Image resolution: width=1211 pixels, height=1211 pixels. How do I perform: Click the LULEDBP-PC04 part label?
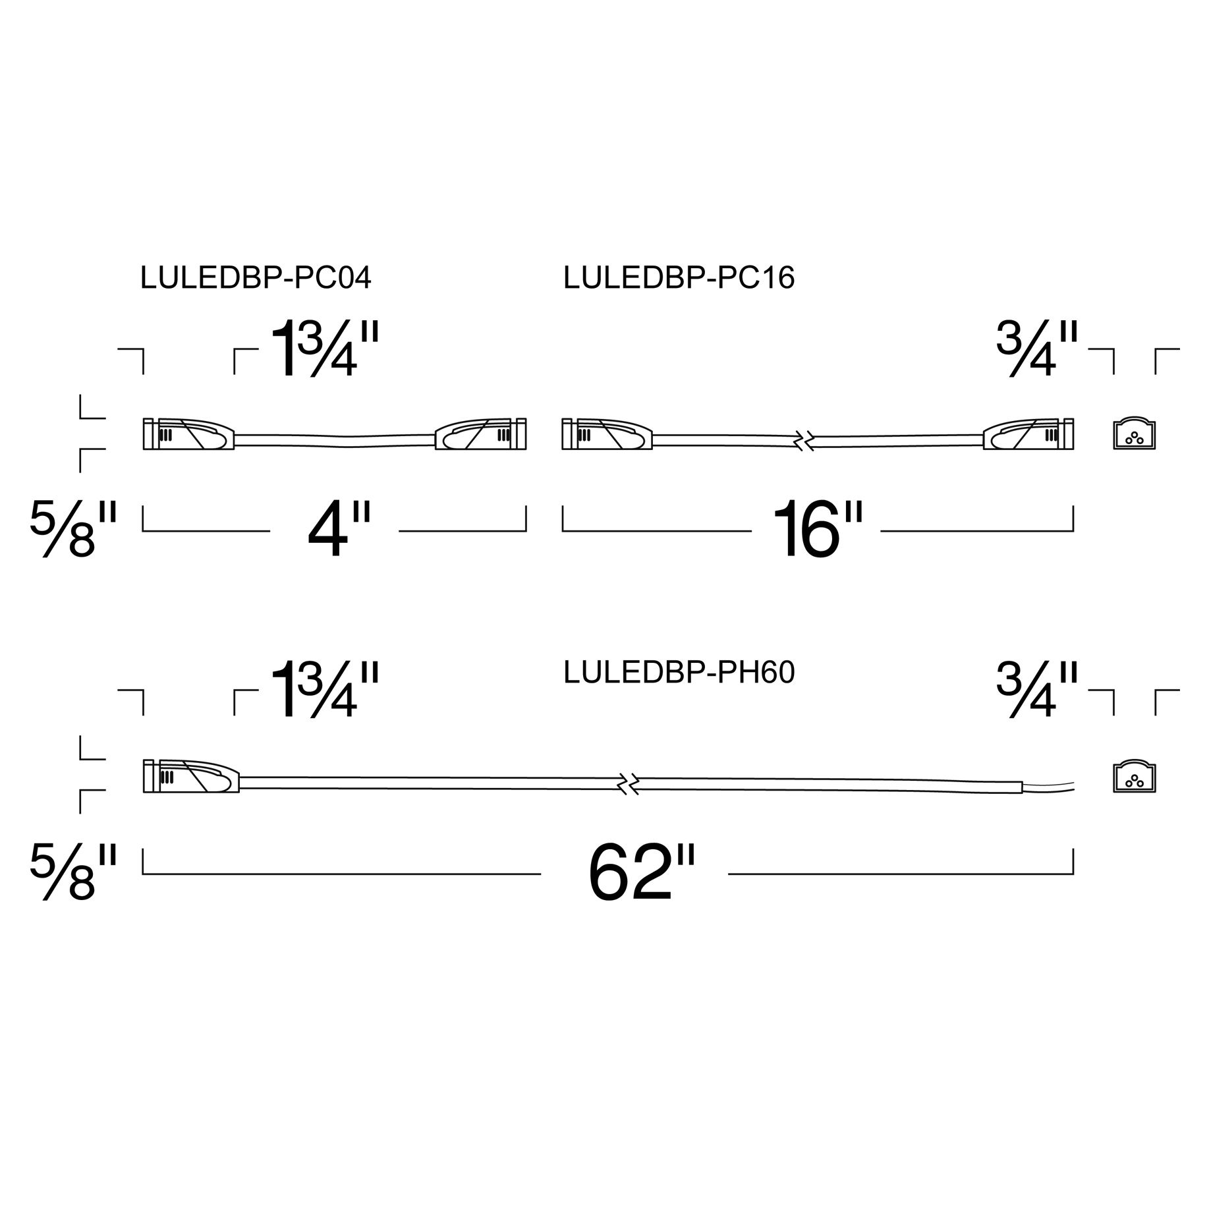[256, 278]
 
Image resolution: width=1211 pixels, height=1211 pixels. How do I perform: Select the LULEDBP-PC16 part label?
[679, 278]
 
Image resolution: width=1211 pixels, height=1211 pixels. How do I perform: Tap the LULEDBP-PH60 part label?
[679, 673]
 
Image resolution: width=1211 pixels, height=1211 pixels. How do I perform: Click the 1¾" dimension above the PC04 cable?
[325, 349]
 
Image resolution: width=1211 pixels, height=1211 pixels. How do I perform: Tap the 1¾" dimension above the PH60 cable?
[325, 690]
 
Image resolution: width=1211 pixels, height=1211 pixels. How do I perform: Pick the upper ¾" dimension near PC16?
[1036, 349]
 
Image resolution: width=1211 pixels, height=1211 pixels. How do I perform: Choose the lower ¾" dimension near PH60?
[1036, 690]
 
